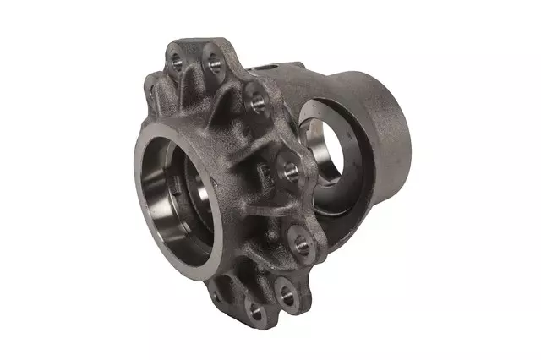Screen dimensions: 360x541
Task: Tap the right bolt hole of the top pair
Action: [x=211, y=63]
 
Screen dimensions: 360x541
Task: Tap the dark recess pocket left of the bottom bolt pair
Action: [x=241, y=287]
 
